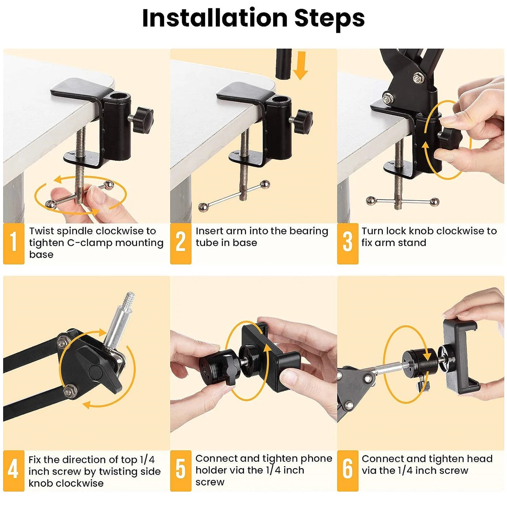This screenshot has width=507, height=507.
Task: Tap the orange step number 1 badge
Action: (x=14, y=243)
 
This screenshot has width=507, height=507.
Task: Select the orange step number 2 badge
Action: (x=181, y=243)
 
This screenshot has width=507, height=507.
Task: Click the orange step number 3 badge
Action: (x=348, y=243)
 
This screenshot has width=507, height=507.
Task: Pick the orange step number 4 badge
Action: (x=14, y=470)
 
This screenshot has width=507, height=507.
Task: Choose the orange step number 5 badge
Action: (x=181, y=470)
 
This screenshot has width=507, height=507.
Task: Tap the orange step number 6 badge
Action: (x=348, y=470)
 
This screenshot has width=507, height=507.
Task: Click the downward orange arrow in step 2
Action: (x=300, y=65)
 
